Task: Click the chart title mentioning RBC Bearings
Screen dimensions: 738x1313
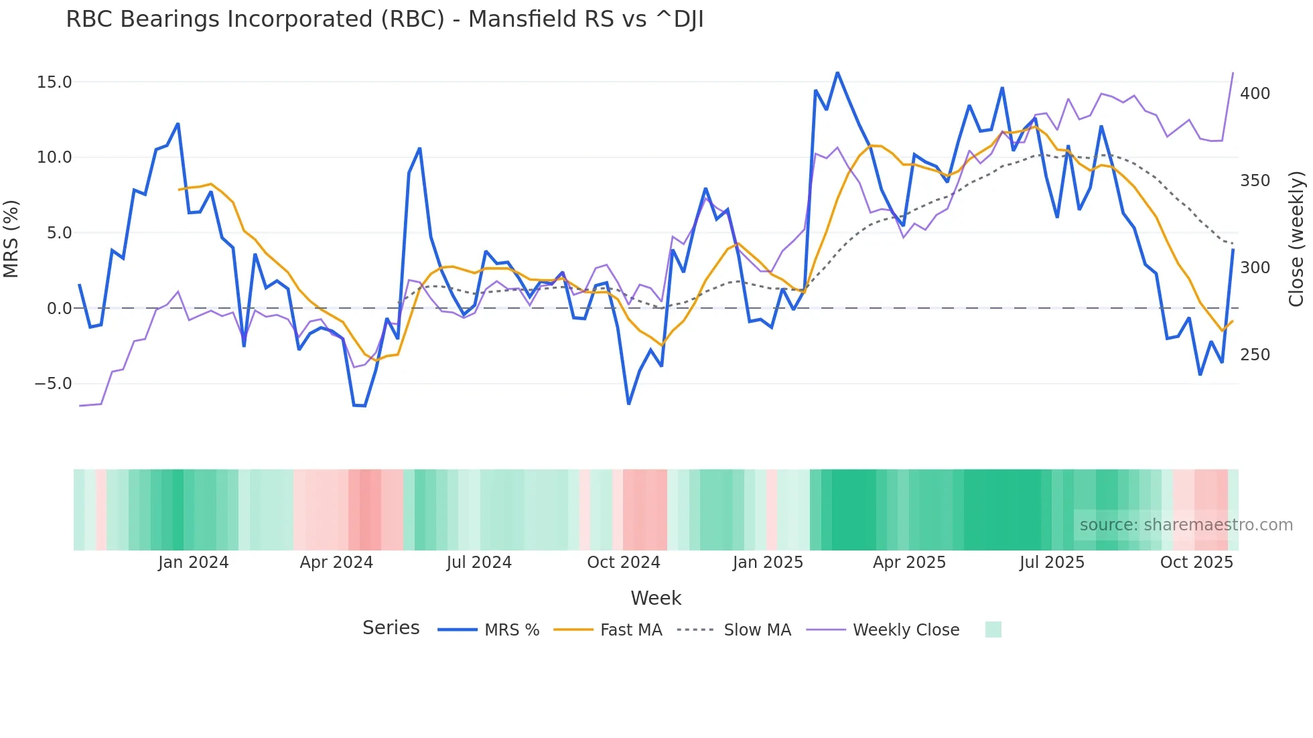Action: click(x=385, y=19)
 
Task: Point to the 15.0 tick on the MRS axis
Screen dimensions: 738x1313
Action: click(x=54, y=82)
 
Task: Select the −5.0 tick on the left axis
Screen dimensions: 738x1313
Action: click(x=53, y=384)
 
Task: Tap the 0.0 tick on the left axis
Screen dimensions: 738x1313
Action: click(x=59, y=309)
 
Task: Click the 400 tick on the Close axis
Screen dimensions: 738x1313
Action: click(x=1255, y=94)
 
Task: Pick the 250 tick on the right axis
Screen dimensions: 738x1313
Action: click(x=1255, y=355)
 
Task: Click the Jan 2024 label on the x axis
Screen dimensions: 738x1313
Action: click(x=193, y=563)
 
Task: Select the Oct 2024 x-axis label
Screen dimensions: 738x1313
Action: click(x=623, y=563)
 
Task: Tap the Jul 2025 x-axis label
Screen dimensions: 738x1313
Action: click(x=1052, y=563)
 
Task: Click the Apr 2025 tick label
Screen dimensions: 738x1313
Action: click(x=909, y=563)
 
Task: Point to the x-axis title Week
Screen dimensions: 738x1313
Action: click(x=656, y=598)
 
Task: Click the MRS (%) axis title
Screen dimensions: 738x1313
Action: click(x=11, y=238)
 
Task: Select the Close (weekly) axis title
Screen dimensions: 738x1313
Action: click(x=1296, y=239)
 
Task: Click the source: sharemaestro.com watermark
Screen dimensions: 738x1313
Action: click(x=1186, y=525)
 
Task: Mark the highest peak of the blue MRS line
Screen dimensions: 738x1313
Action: click(x=837, y=72)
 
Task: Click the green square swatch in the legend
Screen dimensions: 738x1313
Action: click(x=993, y=630)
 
